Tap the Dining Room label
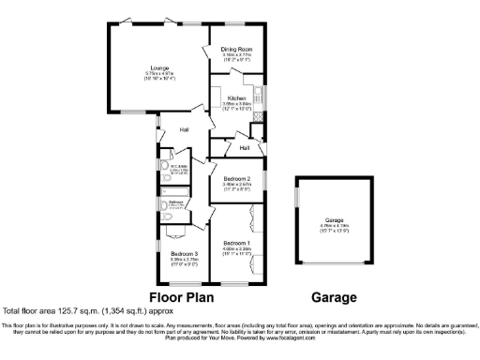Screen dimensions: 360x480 point(236,49)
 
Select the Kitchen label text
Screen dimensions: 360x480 point(236,97)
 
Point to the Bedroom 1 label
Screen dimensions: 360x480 point(235,244)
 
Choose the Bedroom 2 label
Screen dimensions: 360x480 point(236,178)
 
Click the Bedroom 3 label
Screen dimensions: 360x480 point(184,253)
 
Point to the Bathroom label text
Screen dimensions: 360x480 point(175,202)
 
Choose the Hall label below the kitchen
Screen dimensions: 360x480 point(244,147)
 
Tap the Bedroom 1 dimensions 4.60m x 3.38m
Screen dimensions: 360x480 point(235,249)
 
